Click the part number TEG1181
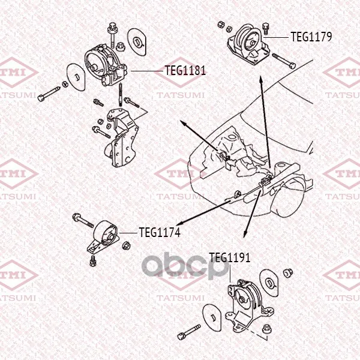(185, 70)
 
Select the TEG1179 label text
(311, 37)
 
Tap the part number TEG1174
(160, 232)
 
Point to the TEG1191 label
(230, 257)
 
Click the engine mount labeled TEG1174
(103, 236)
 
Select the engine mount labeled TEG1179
(248, 45)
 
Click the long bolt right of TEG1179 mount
(284, 61)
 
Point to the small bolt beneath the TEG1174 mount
(93, 261)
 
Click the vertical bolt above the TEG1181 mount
(112, 35)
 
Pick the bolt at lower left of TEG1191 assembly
(189, 332)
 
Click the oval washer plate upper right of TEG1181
(137, 42)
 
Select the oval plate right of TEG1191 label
(269, 283)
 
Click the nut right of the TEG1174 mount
(126, 245)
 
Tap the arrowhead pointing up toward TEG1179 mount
(261, 80)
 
